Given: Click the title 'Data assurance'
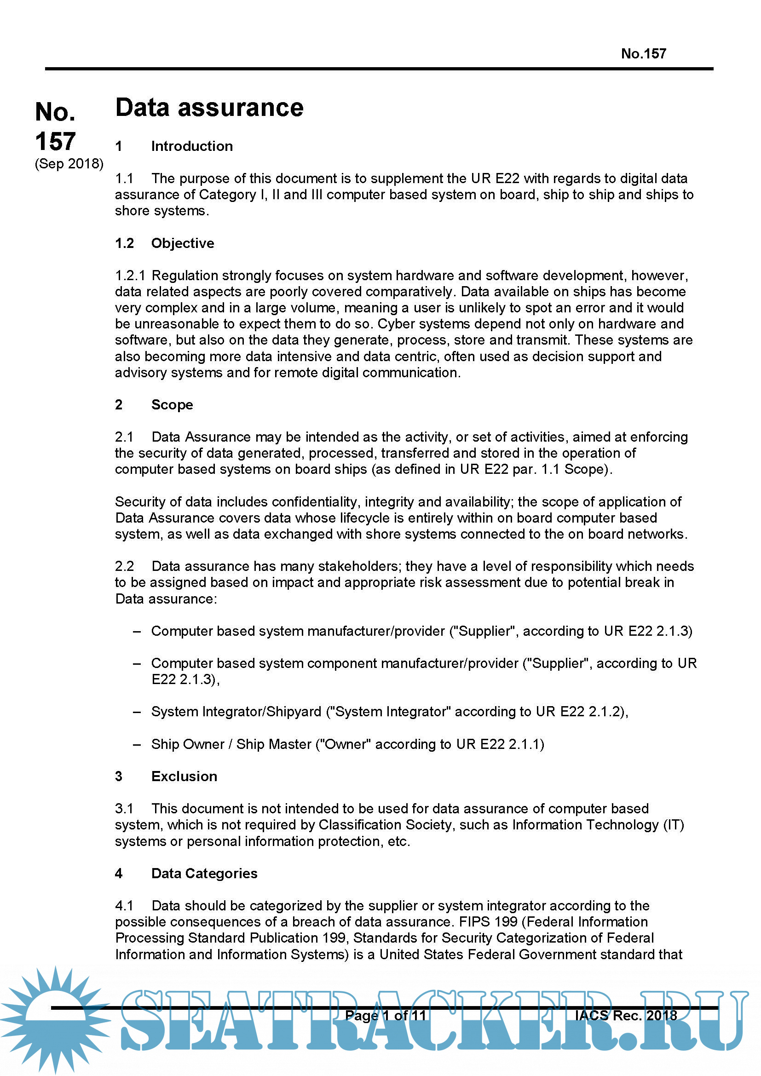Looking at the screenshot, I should [209, 108].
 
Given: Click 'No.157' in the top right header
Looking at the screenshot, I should [643, 54].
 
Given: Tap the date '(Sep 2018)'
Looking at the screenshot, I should [69, 164].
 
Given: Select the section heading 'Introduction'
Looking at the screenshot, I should [192, 146].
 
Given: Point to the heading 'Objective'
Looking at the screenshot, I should [182, 243].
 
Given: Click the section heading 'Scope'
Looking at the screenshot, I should [172, 405].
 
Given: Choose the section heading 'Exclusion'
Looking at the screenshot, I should [184, 776].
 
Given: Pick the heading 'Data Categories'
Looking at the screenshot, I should [204, 873].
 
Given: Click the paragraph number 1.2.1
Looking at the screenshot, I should [130, 276].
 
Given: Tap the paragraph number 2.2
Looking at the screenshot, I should [124, 566].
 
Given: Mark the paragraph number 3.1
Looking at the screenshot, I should [124, 808].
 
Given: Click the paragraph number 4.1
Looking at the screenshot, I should [124, 905].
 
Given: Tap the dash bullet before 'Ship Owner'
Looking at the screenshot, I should [137, 744].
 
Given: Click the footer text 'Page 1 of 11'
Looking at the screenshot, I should [385, 1016].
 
